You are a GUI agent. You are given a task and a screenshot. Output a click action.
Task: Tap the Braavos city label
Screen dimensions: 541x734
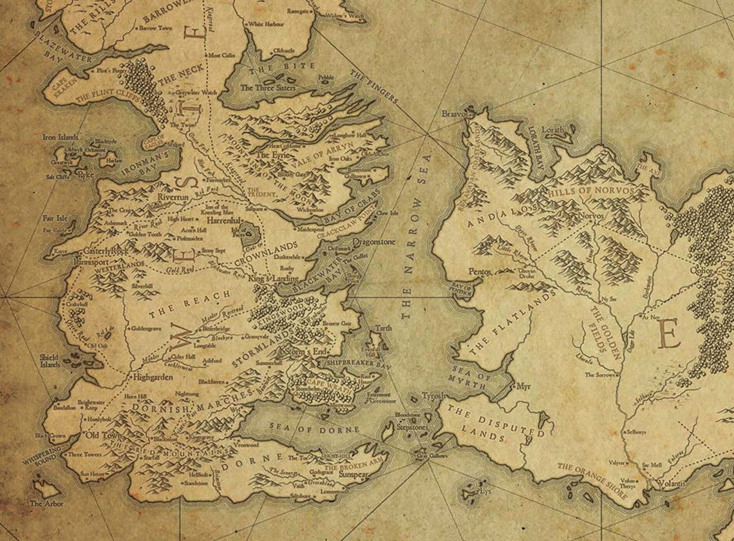point(453,114)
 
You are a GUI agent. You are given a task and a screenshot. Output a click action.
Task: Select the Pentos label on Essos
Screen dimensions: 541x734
point(480,272)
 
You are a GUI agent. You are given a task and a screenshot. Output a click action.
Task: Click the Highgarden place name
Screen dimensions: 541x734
point(153,377)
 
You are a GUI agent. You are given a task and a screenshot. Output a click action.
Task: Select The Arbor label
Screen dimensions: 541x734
point(46,503)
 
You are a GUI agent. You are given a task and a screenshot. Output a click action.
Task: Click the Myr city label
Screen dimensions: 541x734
point(523,387)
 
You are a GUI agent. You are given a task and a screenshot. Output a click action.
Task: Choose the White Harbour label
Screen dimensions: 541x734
point(265,24)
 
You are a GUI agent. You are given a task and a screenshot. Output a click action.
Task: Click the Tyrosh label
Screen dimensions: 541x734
point(433,395)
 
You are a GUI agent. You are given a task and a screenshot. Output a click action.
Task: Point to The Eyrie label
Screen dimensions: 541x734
point(271,155)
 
